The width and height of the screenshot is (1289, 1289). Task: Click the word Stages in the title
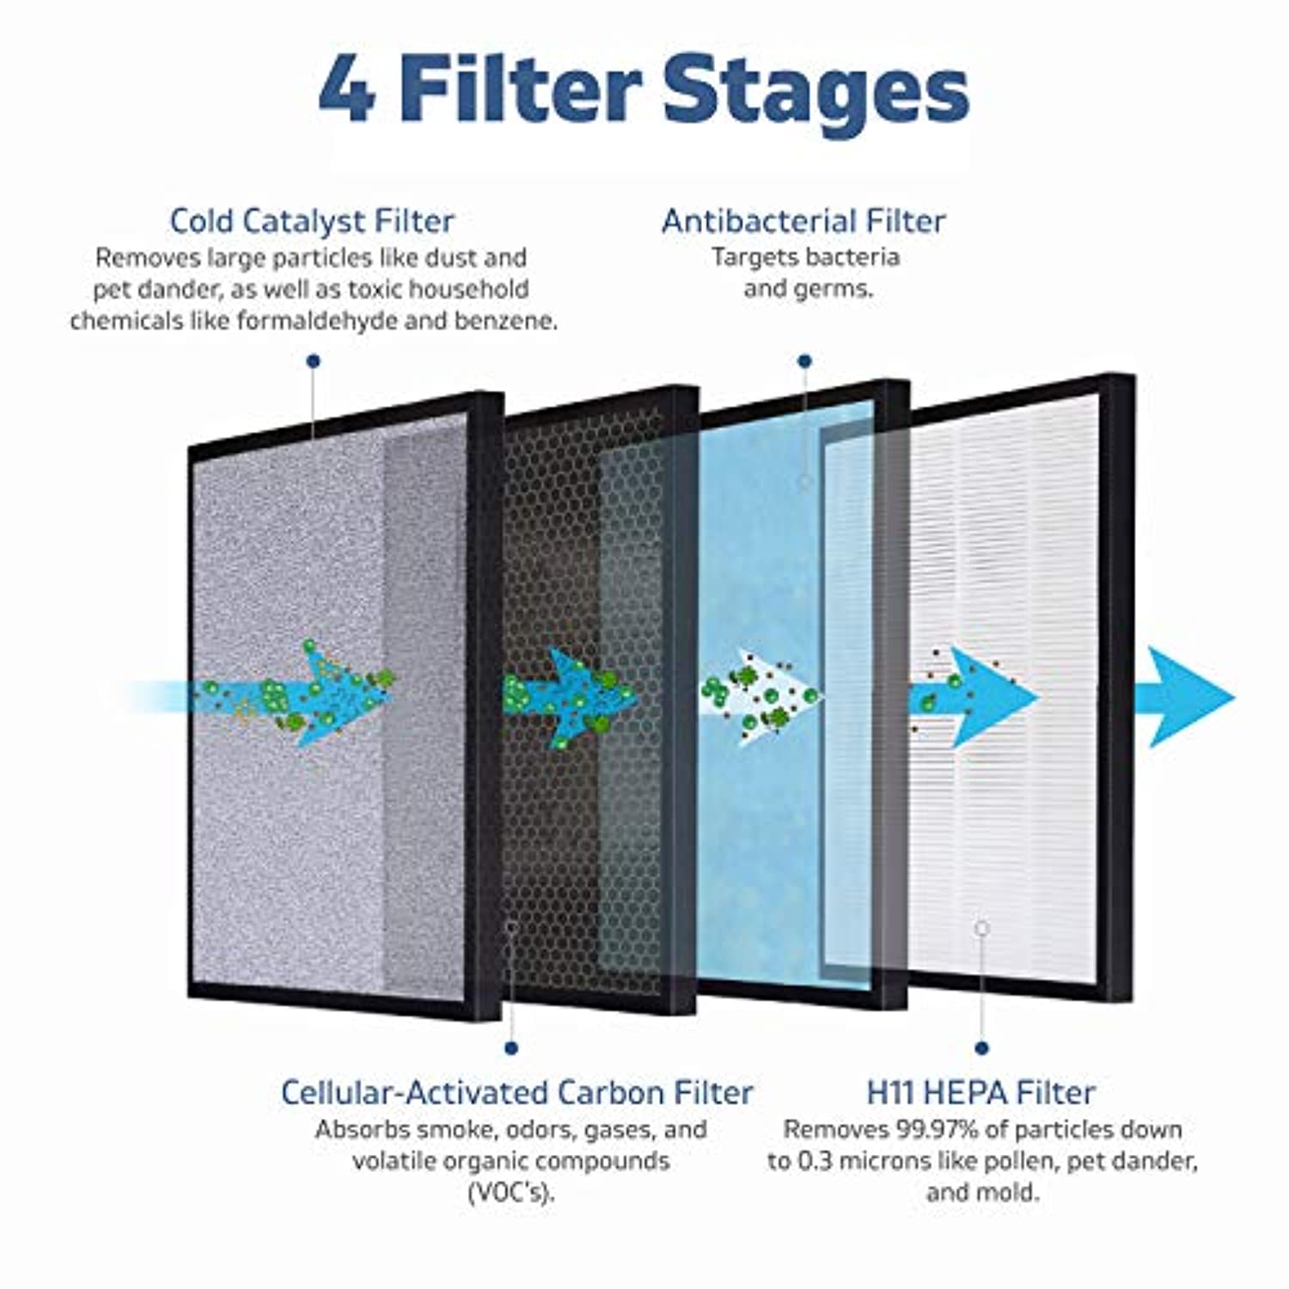click(816, 90)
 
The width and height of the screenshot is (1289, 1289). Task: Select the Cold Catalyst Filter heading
click(312, 221)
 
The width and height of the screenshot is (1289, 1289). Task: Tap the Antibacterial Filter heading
click(803, 221)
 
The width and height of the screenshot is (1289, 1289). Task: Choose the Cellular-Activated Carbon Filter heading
click(516, 1092)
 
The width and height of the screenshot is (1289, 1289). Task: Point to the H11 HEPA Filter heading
click(980, 1092)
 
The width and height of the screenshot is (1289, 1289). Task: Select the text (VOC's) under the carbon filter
click(510, 1193)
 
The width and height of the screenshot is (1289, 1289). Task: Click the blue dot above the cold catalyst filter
click(314, 362)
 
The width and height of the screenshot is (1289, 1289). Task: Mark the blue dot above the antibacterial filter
click(804, 362)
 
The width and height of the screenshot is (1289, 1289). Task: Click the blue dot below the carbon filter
click(511, 1048)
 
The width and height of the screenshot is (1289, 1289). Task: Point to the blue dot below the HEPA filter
click(982, 1048)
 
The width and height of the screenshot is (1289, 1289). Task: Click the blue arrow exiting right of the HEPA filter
click(1190, 697)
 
